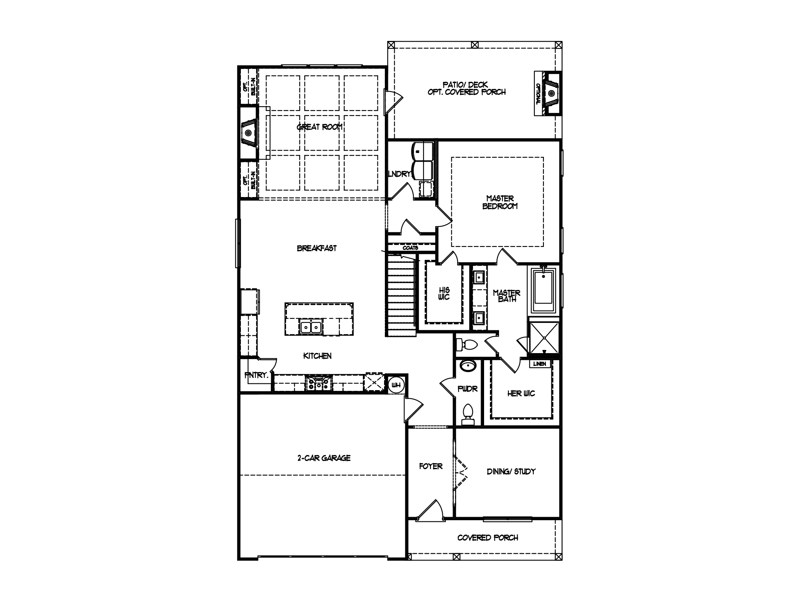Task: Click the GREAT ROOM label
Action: pos(320,127)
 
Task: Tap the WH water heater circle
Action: pos(396,385)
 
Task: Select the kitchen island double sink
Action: pos(311,327)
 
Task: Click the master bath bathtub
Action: pos(543,290)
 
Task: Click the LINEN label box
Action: pos(540,364)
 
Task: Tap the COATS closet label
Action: pos(410,248)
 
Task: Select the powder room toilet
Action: pos(468,414)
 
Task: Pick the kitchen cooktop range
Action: pos(319,383)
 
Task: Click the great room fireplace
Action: pos(249,133)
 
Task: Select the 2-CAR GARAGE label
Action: pos(324,458)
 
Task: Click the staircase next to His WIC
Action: pos(401,295)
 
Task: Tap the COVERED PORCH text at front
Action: pos(488,538)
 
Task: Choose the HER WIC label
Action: pos(521,393)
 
